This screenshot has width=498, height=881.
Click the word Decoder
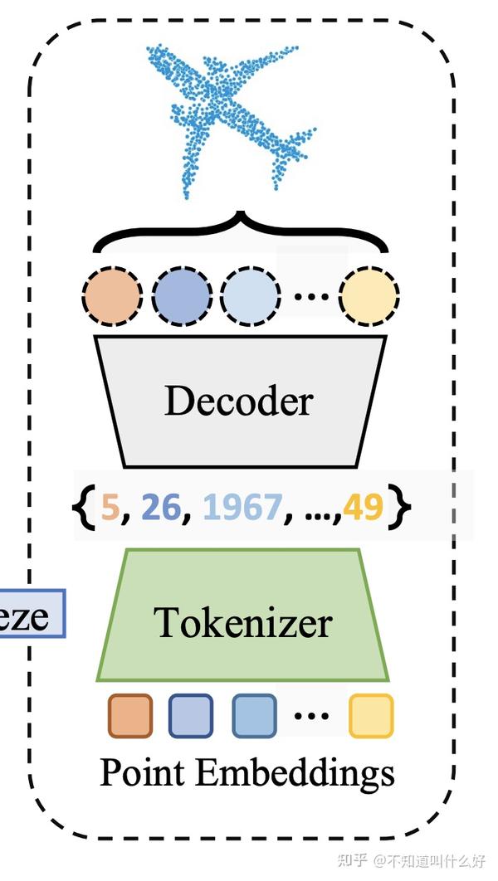(x=238, y=402)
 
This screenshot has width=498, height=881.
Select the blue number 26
(x=160, y=506)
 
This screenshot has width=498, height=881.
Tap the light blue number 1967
(x=242, y=506)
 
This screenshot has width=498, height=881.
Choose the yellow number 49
(x=364, y=506)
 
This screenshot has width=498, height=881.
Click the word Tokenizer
(x=243, y=622)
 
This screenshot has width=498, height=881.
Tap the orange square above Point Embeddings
(x=130, y=716)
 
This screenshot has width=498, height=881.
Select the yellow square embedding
(x=370, y=716)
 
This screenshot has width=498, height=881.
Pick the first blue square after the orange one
(x=191, y=716)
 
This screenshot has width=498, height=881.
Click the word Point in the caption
(x=144, y=773)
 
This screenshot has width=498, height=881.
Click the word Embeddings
(x=295, y=773)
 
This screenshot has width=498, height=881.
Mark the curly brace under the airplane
(x=241, y=231)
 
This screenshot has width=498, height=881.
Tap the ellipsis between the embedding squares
(x=311, y=714)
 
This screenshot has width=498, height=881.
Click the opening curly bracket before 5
(x=88, y=506)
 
